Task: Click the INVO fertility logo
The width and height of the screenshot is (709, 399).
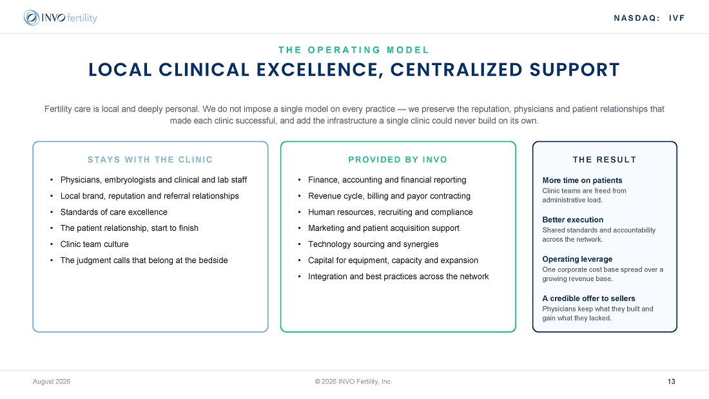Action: (60, 17)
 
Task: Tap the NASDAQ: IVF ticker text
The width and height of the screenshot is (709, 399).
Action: (649, 18)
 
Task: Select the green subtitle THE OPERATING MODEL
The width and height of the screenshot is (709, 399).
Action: (354, 50)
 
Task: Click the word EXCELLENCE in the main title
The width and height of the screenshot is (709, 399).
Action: (320, 70)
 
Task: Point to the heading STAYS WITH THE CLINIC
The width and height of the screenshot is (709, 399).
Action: (150, 160)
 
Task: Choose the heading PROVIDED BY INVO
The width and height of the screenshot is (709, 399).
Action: (398, 160)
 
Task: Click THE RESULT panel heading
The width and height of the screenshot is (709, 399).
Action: (605, 160)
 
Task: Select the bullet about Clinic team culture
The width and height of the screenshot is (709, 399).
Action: (95, 244)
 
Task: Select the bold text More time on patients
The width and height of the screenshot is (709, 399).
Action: (583, 180)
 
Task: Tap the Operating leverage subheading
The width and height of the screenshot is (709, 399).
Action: (578, 259)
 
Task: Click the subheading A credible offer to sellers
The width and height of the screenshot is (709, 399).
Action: (588, 298)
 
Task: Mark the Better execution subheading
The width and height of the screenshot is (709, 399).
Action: (573, 220)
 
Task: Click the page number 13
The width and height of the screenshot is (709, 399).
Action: (672, 382)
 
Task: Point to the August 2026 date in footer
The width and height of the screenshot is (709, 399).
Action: (52, 382)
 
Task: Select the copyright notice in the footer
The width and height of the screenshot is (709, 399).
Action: (354, 382)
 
